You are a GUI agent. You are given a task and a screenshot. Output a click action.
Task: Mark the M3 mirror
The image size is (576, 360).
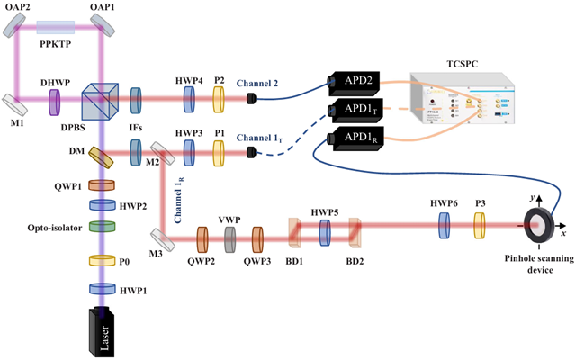[x=163, y=237]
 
